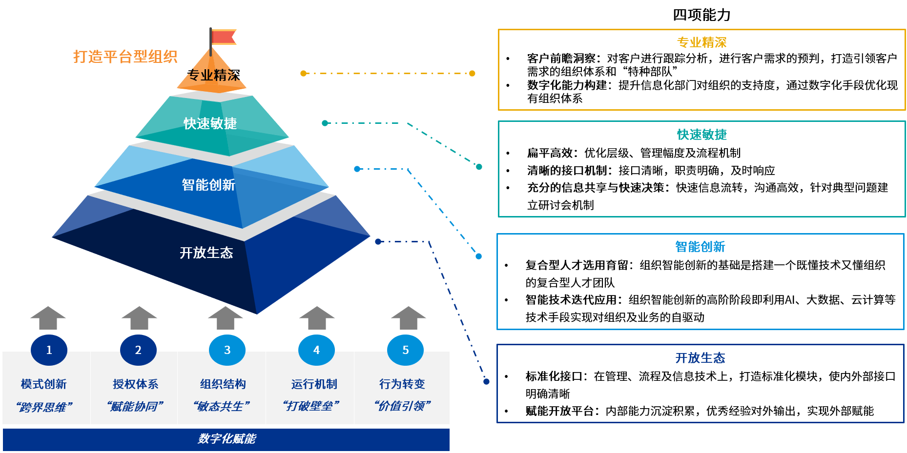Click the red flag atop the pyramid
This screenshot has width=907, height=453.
[223, 37]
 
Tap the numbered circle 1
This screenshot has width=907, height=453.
[49, 350]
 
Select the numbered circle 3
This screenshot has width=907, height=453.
[227, 350]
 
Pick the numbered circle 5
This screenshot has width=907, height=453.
[405, 350]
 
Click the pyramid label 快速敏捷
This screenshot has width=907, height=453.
[210, 123]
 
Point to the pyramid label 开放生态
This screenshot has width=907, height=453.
[206, 253]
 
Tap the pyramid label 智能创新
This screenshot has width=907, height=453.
[208, 185]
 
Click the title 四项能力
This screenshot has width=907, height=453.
[701, 15]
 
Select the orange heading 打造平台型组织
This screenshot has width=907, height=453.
[125, 57]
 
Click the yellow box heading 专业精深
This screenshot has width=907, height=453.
[701, 42]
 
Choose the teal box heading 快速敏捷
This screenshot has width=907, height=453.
[701, 134]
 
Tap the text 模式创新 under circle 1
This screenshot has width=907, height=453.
[44, 384]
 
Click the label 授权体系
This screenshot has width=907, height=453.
[136, 384]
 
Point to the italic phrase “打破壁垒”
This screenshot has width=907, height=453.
[311, 406]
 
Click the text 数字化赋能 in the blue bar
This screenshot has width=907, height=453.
[227, 439]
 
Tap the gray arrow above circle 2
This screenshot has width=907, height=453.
[139, 318]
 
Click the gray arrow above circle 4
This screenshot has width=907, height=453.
[317, 318]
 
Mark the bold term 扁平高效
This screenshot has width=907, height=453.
[550, 153]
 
